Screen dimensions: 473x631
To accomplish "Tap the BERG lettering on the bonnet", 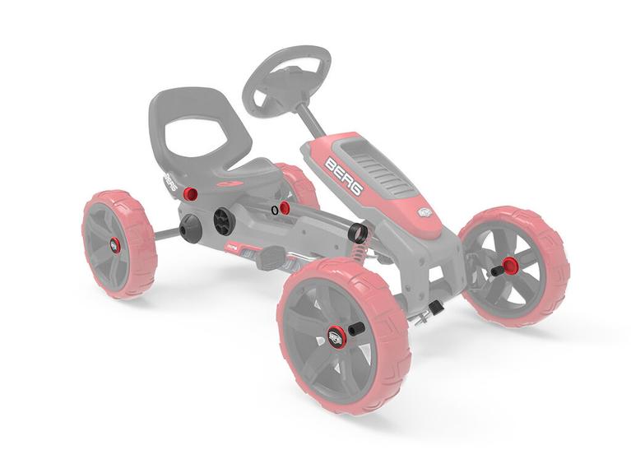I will pos(344,175).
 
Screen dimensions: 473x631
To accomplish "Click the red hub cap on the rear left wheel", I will pos(114,245).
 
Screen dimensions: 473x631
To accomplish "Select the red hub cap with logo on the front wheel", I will pos(335,336).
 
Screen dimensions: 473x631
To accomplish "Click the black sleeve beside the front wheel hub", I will pos(356,328).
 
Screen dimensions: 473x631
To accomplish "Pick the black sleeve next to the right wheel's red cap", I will pos(497,270).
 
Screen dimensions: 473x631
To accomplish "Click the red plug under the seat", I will pos(189,194).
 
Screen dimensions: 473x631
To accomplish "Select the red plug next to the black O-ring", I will pos(285,208).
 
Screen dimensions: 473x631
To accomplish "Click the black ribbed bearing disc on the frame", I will pos(222,220).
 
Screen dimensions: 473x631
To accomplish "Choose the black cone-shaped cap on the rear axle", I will pos(190,229).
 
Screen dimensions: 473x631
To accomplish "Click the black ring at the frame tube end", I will pos(360,233).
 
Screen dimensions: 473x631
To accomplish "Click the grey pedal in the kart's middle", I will pos(269,260).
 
